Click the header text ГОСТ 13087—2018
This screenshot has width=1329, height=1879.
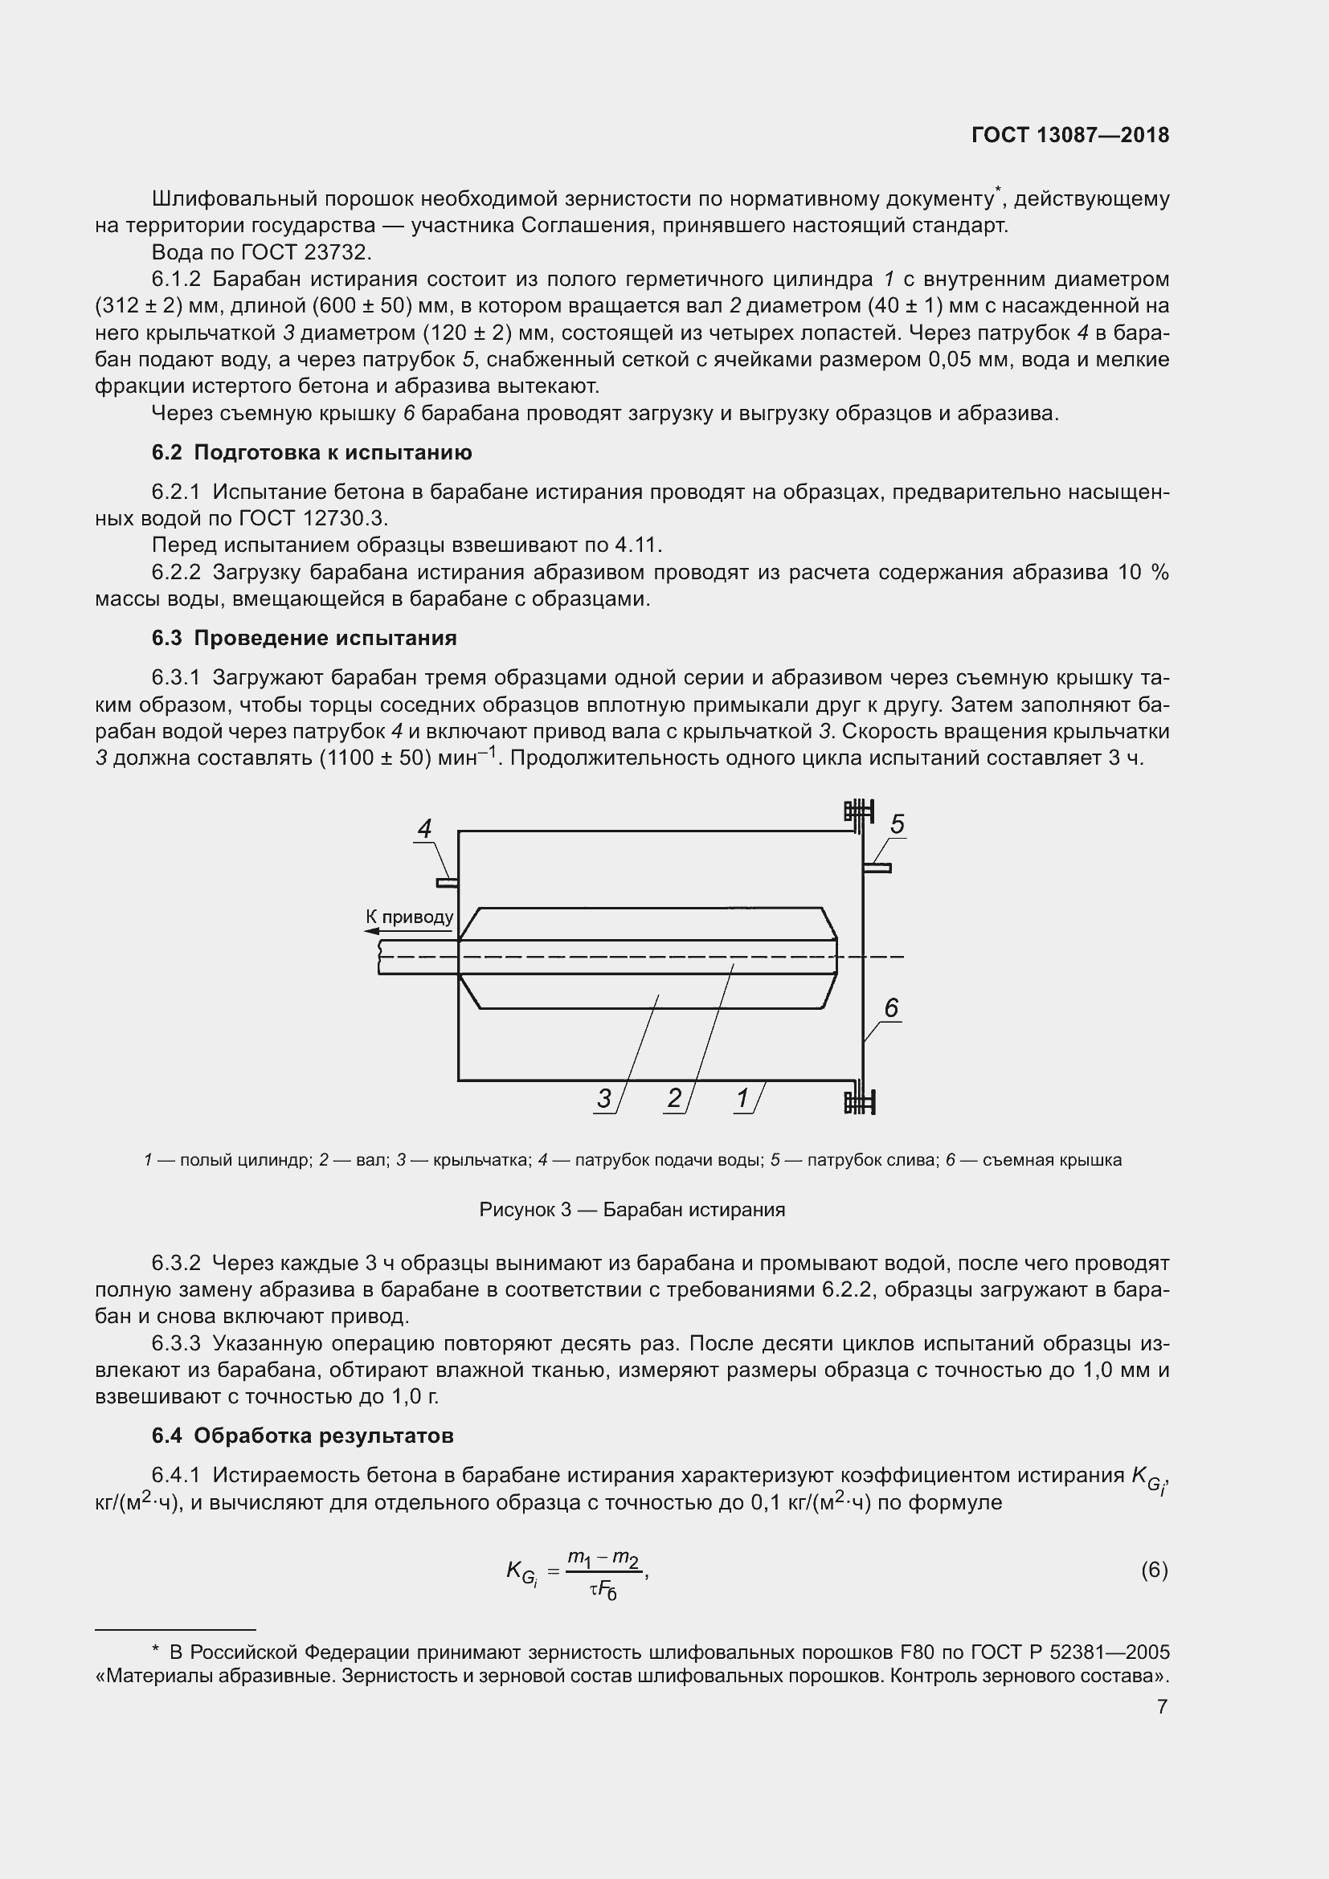pos(1070,136)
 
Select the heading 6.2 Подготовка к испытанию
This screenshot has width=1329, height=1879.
pos(311,452)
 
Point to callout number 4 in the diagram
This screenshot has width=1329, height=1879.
pos(424,829)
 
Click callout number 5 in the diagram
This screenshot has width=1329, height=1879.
pos(897,824)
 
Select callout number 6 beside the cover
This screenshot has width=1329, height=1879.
pos(891,1008)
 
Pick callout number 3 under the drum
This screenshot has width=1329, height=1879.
pos(604,1098)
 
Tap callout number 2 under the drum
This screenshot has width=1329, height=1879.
pos(674,1098)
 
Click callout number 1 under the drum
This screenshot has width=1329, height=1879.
pos(743,1098)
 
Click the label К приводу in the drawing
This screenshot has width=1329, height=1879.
pos(409,917)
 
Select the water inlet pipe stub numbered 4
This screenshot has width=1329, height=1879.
pos(447,882)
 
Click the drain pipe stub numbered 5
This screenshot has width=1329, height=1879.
pos(877,868)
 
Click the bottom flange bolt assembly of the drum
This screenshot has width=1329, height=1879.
pos(858,1101)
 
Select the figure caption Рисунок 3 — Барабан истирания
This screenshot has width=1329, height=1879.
pos(632,1210)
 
